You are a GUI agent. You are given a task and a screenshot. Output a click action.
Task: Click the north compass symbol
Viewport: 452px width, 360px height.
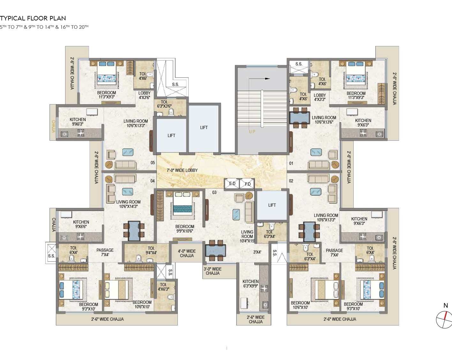(x=445, y=319)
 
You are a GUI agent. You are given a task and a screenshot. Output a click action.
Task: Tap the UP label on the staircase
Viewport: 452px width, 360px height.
(x=252, y=132)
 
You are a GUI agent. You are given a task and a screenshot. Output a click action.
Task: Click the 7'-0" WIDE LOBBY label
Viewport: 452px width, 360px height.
(x=182, y=170)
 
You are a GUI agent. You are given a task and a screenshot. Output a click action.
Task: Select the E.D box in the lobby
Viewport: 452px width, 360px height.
(x=232, y=183)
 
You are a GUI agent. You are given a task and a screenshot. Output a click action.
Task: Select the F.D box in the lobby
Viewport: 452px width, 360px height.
(x=247, y=184)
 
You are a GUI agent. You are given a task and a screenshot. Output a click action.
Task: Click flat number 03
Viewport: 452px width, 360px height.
(x=214, y=192)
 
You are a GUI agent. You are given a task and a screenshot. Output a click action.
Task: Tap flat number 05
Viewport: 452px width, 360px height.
(x=153, y=163)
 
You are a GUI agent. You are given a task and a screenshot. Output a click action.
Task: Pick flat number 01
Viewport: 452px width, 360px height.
(x=291, y=163)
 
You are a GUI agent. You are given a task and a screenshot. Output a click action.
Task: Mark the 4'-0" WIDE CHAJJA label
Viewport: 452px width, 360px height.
(x=187, y=253)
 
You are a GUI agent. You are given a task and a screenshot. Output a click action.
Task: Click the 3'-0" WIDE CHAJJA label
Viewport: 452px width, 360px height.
(x=213, y=271)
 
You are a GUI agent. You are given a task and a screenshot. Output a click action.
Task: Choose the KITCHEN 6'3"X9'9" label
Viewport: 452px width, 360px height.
(x=251, y=284)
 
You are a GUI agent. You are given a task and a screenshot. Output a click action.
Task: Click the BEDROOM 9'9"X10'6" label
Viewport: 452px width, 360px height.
(x=185, y=229)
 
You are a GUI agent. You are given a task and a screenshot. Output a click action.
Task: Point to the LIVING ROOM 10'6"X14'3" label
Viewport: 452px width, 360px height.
(x=128, y=204)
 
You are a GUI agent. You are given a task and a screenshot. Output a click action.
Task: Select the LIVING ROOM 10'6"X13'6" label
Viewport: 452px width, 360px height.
(x=324, y=120)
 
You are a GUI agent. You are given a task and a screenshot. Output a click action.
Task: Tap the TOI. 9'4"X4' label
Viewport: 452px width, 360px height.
(x=151, y=250)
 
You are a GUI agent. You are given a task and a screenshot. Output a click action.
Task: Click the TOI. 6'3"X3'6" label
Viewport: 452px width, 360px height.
(x=164, y=104)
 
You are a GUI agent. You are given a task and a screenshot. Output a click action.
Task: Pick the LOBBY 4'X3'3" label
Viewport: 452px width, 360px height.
(x=320, y=97)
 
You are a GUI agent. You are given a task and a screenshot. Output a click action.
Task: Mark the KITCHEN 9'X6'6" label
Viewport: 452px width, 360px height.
(x=81, y=224)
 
